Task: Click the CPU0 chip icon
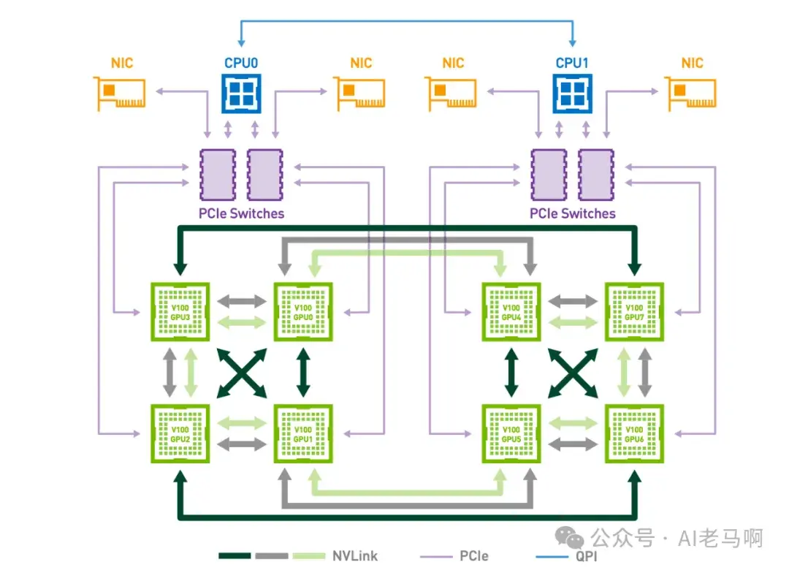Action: pos(241,94)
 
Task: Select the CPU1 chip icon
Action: pos(572,94)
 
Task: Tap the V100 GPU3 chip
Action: pos(179,311)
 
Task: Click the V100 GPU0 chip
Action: pos(302,311)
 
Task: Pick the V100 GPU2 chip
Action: pos(179,433)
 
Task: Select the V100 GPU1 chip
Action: pos(302,433)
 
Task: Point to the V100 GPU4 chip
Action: pos(511,311)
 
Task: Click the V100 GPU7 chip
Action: pos(634,311)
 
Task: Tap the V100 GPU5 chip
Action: pos(511,433)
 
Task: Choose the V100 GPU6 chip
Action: pos(634,433)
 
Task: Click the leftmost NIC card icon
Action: pos(120,94)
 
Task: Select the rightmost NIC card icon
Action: pos(691,94)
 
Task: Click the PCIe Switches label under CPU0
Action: pos(242,213)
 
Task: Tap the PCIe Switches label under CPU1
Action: pos(573,213)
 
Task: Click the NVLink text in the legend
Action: pos(354,556)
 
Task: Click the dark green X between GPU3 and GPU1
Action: pos(241,373)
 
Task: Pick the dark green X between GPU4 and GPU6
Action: pos(573,373)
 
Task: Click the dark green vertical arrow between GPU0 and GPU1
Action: pos(302,373)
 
